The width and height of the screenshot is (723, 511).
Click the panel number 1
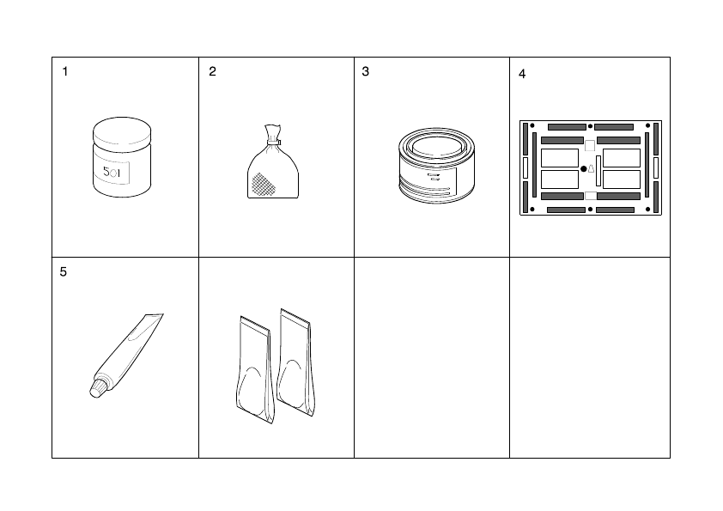pos(64,72)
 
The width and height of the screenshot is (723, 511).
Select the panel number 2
pos(212,72)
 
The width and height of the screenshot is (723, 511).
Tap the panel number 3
pos(365,72)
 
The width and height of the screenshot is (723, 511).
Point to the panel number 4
pos(522,75)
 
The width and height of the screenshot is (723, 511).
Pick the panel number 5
pos(64,272)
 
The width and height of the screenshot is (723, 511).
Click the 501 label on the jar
pos(112,173)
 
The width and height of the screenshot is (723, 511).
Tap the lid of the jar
pos(121,132)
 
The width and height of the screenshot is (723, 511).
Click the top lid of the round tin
pos(437,145)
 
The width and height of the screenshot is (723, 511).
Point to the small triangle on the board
pos(591,168)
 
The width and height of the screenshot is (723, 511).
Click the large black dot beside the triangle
pos(583,168)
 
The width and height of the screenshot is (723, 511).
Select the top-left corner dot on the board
pos(532,127)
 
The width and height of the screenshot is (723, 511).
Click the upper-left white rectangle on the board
pos(560,158)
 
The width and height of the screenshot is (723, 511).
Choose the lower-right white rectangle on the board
pos(622,179)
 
